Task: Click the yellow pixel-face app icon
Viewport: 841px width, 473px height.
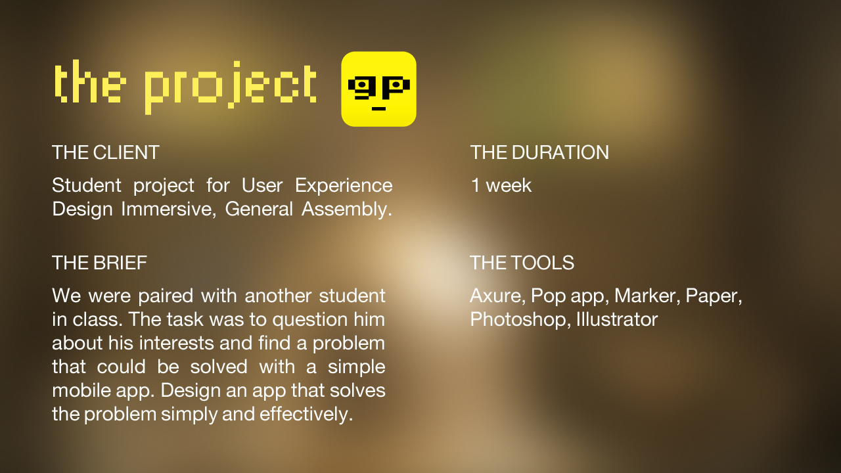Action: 378,89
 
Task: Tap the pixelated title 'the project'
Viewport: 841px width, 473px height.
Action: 185,87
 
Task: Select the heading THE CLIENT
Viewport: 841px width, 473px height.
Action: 106,152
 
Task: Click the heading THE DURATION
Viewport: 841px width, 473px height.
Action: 539,152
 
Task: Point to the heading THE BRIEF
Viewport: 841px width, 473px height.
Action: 99,262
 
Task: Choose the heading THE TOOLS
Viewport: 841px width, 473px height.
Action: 522,262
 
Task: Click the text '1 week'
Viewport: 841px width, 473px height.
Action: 501,185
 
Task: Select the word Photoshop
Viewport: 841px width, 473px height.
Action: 520,320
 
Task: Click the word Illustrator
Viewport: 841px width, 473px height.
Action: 617,319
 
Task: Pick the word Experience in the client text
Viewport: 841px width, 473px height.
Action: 344,186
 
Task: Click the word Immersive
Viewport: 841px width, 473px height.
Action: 169,209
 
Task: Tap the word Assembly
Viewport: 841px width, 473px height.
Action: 346,210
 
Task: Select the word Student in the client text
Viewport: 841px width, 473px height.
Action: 87,185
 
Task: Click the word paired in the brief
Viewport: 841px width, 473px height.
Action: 166,296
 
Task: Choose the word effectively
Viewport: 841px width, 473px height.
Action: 306,414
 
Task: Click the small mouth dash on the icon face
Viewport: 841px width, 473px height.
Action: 378,109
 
